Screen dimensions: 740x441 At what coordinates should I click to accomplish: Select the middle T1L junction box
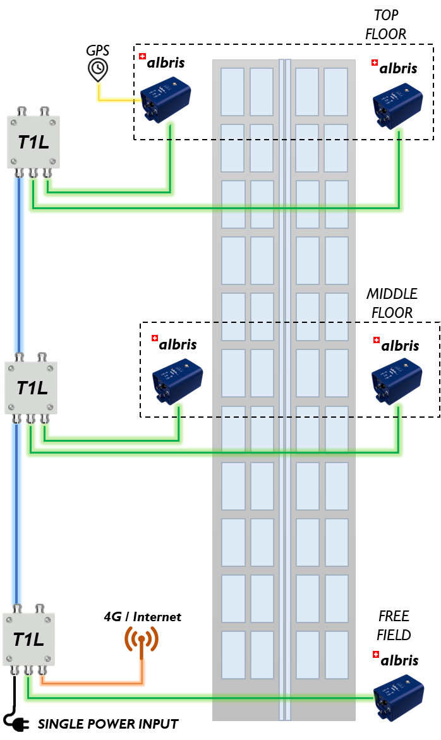pos(31,387)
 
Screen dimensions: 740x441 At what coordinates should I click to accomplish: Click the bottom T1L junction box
pos(29,639)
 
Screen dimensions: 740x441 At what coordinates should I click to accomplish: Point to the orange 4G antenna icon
pos(142,642)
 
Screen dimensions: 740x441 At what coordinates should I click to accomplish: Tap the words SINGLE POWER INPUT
pos(108,724)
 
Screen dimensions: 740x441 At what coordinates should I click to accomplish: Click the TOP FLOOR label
pos(385,25)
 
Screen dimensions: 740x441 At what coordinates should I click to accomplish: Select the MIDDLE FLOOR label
pos(392,303)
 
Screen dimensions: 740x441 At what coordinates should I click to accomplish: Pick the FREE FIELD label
pos(394,625)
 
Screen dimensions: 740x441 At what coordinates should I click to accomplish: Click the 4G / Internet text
pos(143,616)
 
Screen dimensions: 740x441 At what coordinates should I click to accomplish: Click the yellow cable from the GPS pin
pos(117,100)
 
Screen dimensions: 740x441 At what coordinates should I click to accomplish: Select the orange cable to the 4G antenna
pos(95,683)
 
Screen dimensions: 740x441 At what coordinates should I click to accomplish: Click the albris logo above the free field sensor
pos(396,660)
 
